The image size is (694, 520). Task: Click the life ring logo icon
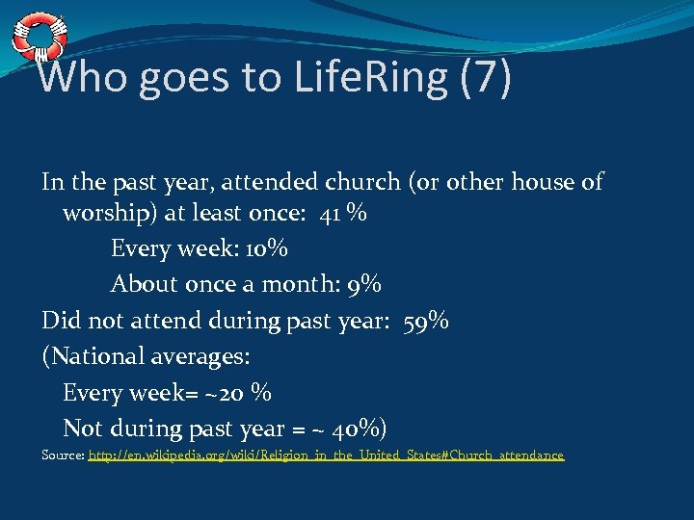(x=40, y=37)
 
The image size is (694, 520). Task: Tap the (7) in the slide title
(x=486, y=77)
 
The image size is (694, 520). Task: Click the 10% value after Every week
(x=265, y=248)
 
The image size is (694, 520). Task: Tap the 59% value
(x=426, y=320)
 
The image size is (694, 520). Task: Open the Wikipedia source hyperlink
(x=326, y=455)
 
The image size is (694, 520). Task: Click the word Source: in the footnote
(x=64, y=455)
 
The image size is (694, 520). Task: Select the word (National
(x=92, y=356)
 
